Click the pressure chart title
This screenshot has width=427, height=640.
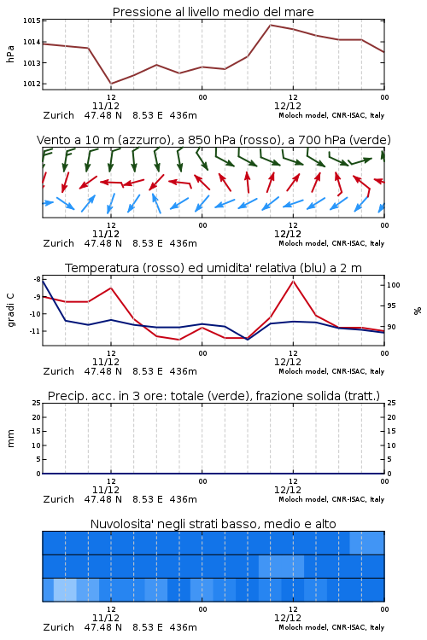point(213,12)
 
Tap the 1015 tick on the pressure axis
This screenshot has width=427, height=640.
point(32,20)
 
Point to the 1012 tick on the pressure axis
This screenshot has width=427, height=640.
point(32,84)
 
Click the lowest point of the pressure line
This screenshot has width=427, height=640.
point(111,84)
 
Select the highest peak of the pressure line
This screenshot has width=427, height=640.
point(270,25)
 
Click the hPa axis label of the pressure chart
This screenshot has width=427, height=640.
point(10,54)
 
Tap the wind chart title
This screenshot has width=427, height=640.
point(213,140)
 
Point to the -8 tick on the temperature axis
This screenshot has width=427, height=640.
point(38,279)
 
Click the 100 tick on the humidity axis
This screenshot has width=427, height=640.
point(394,285)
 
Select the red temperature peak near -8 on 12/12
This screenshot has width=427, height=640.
point(293,281)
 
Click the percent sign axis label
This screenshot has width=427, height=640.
point(418,311)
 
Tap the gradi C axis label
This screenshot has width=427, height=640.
point(10,310)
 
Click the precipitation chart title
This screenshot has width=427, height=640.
point(213,396)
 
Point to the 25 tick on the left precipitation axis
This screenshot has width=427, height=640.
point(37,403)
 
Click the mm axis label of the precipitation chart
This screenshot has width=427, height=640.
point(10,439)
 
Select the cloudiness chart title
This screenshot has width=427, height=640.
point(213,524)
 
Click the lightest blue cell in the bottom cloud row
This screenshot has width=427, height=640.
point(65,590)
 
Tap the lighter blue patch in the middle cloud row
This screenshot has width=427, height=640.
point(281,566)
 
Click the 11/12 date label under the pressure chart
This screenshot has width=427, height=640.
point(105,106)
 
